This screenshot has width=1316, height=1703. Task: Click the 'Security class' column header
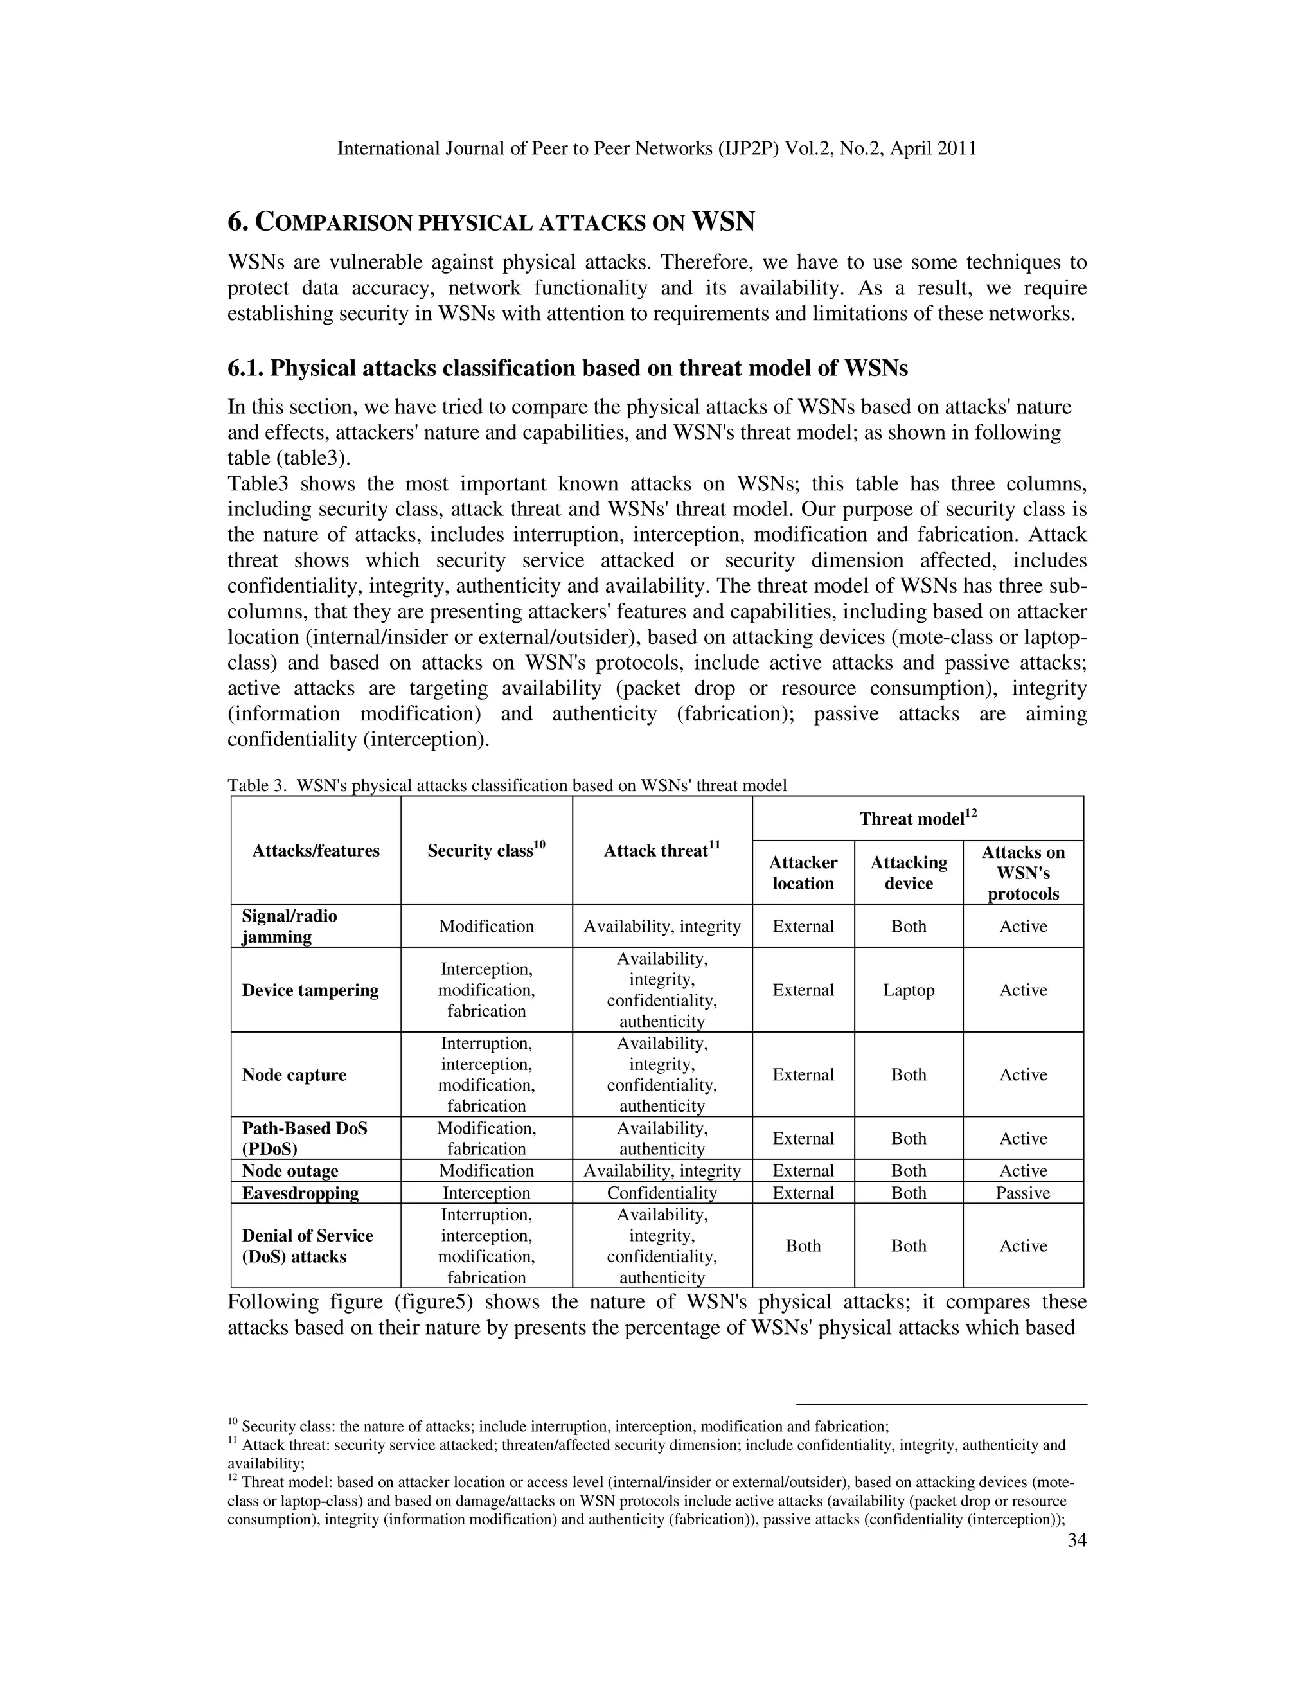click(486, 850)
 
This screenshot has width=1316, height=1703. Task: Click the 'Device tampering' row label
click(310, 990)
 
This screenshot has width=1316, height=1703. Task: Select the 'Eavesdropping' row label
click(300, 1193)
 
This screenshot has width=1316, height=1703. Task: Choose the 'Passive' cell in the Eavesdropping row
click(1022, 1193)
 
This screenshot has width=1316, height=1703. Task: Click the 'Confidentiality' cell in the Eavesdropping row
click(661, 1193)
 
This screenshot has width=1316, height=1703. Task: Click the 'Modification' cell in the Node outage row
click(486, 1171)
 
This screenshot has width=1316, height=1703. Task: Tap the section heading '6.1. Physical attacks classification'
click(567, 368)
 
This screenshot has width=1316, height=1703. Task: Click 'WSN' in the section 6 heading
click(724, 222)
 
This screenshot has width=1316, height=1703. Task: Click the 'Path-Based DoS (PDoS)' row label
click(304, 1139)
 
